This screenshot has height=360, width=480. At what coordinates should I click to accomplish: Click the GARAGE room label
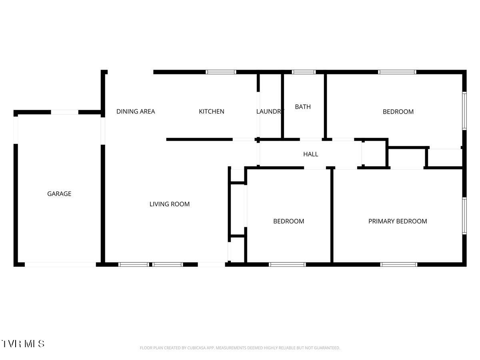[x=59, y=194]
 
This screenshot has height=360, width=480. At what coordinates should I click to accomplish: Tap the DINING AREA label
[x=136, y=112]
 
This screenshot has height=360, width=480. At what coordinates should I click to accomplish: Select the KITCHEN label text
[x=212, y=112]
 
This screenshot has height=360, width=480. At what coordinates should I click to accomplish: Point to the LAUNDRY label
[x=270, y=112]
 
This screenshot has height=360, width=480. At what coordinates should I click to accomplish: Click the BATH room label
[x=303, y=107]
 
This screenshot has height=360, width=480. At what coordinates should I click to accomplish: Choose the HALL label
[x=311, y=154]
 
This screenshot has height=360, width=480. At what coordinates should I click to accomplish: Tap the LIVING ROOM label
[x=170, y=204]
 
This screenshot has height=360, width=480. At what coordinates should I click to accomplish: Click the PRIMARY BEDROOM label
[x=398, y=221]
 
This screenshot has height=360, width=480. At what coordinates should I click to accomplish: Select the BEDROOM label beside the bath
[x=398, y=112]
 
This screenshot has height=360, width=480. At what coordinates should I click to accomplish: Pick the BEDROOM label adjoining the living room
[x=288, y=221]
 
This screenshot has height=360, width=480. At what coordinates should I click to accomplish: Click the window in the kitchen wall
[x=221, y=72]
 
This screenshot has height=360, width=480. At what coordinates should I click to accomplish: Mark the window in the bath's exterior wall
[x=304, y=72]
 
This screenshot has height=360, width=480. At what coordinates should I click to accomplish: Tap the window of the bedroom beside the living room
[x=287, y=264]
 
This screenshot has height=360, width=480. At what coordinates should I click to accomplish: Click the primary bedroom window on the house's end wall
[x=464, y=216]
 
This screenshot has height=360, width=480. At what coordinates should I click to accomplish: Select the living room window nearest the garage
[x=134, y=264]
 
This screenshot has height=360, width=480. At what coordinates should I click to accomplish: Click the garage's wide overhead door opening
[x=60, y=264]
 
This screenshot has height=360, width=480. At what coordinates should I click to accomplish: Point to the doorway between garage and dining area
[x=103, y=131]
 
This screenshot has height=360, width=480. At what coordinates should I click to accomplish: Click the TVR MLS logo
[x=23, y=344]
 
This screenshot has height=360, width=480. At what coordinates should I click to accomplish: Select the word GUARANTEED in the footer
[x=326, y=348]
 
